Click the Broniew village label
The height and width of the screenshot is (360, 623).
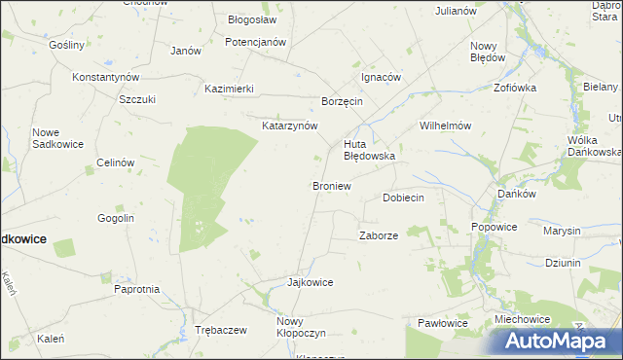tap(331, 185)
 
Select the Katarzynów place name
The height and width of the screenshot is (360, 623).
tap(290, 126)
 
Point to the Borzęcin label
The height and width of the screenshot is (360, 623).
tap(342, 101)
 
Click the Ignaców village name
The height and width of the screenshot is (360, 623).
tap(381, 77)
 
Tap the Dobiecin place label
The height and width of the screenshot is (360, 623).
tap(403, 198)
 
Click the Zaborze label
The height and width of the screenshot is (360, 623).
tap(379, 235)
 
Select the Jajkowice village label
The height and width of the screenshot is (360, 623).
tap(311, 282)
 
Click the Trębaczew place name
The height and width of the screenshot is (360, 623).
tap(220, 330)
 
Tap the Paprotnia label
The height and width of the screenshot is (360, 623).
tap(136, 289)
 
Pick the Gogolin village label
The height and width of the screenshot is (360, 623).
tap(115, 219)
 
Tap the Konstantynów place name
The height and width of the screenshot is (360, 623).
tap(106, 77)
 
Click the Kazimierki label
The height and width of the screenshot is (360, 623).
tap(229, 89)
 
